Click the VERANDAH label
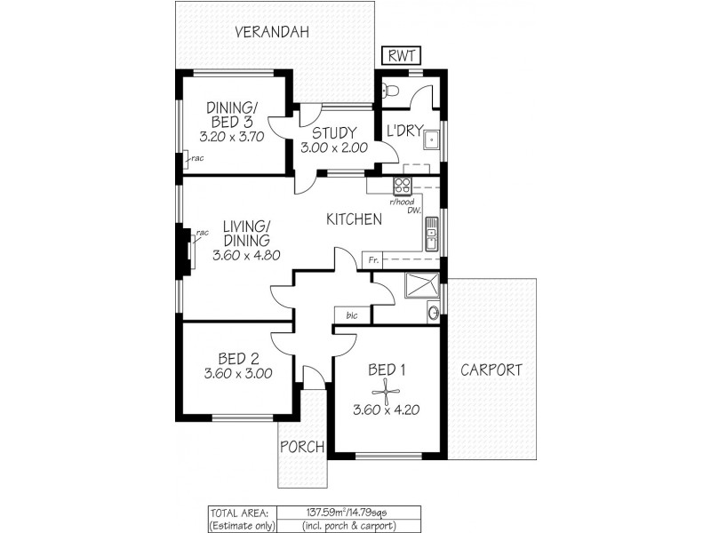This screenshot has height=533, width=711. [271, 33]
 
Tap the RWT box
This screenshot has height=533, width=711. [400, 55]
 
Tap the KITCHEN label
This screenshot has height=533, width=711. [354, 219]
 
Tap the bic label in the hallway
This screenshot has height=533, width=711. [352, 314]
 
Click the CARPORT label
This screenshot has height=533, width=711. [491, 370]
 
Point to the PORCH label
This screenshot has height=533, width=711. [302, 446]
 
